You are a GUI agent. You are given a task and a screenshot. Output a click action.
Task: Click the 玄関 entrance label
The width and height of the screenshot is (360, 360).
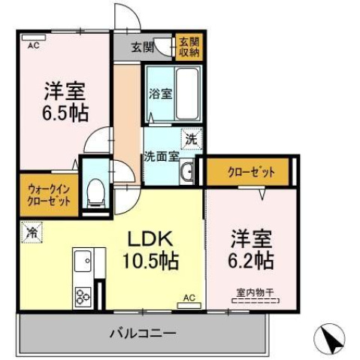tap(142, 47)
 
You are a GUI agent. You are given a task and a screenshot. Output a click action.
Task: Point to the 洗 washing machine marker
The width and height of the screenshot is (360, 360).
tap(192, 139)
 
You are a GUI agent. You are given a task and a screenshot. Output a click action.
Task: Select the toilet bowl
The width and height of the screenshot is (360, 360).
tap(95, 192)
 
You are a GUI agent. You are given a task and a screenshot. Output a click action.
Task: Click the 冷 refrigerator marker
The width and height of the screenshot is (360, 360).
tap(32, 232)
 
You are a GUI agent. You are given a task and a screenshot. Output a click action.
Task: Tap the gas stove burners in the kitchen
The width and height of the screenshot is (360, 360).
tap(83, 297)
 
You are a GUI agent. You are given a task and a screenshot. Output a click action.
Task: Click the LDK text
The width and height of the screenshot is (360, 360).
tap(150, 241)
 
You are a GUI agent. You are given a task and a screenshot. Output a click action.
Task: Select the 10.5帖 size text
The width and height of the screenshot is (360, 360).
tap(150, 262)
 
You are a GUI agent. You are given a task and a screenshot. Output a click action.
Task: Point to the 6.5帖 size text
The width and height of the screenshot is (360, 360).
tap(64, 113)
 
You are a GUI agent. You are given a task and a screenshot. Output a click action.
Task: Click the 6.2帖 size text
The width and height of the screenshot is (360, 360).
tap(252, 261)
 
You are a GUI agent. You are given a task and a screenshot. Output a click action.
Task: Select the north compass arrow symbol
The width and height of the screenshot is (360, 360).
tap(331, 338)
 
